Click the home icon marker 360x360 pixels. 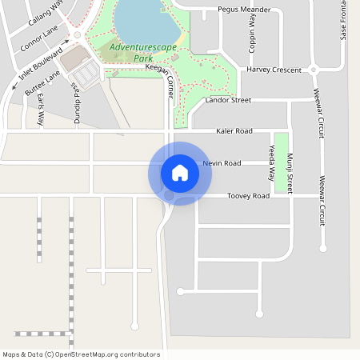(180, 173)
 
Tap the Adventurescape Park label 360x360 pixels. (131, 53)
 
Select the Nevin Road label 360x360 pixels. (222, 163)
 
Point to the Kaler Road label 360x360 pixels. (234, 130)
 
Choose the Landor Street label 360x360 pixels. (228, 101)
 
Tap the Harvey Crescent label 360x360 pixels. (274, 70)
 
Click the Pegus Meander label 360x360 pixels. (244, 10)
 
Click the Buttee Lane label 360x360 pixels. (42, 83)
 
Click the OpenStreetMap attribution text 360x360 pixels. (81, 354)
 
